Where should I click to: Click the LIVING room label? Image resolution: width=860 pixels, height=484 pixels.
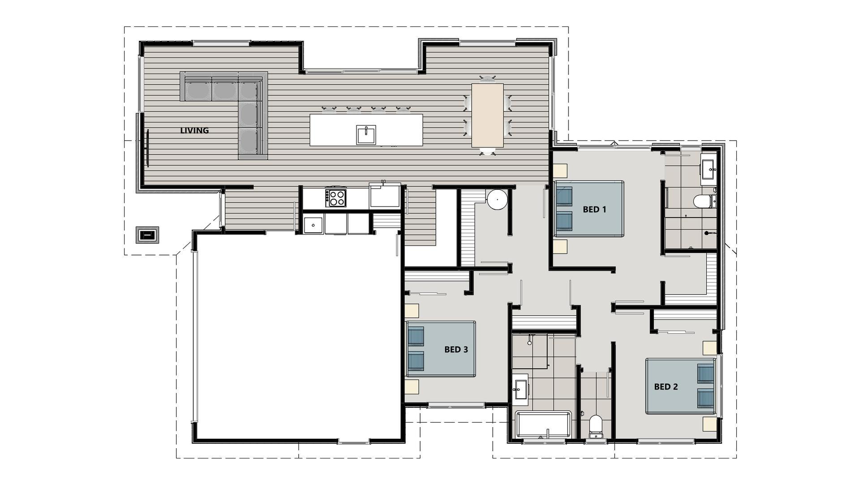[x=194, y=131]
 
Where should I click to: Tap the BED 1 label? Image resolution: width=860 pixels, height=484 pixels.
[x=594, y=209]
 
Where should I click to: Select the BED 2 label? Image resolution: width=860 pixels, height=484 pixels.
[x=666, y=387]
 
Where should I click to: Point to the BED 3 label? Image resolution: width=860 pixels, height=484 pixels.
[x=456, y=350]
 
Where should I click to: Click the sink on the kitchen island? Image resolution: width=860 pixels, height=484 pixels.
[x=366, y=135]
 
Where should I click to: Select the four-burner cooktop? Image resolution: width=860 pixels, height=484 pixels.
[x=336, y=198]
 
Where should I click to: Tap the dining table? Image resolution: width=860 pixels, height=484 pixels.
[x=487, y=116]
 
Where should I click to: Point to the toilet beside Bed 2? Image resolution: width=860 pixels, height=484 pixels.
[x=596, y=426]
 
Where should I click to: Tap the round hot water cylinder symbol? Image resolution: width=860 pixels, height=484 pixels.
[x=497, y=199]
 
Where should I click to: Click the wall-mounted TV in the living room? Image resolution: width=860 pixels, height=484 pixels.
[x=146, y=148]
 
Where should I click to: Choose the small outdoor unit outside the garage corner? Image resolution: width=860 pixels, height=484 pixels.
[x=147, y=234]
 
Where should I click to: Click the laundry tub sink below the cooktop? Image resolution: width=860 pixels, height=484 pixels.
[x=313, y=224]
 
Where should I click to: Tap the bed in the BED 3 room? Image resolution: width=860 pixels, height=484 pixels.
[x=440, y=349]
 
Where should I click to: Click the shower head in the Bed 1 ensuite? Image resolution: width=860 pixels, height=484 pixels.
[x=706, y=233]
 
